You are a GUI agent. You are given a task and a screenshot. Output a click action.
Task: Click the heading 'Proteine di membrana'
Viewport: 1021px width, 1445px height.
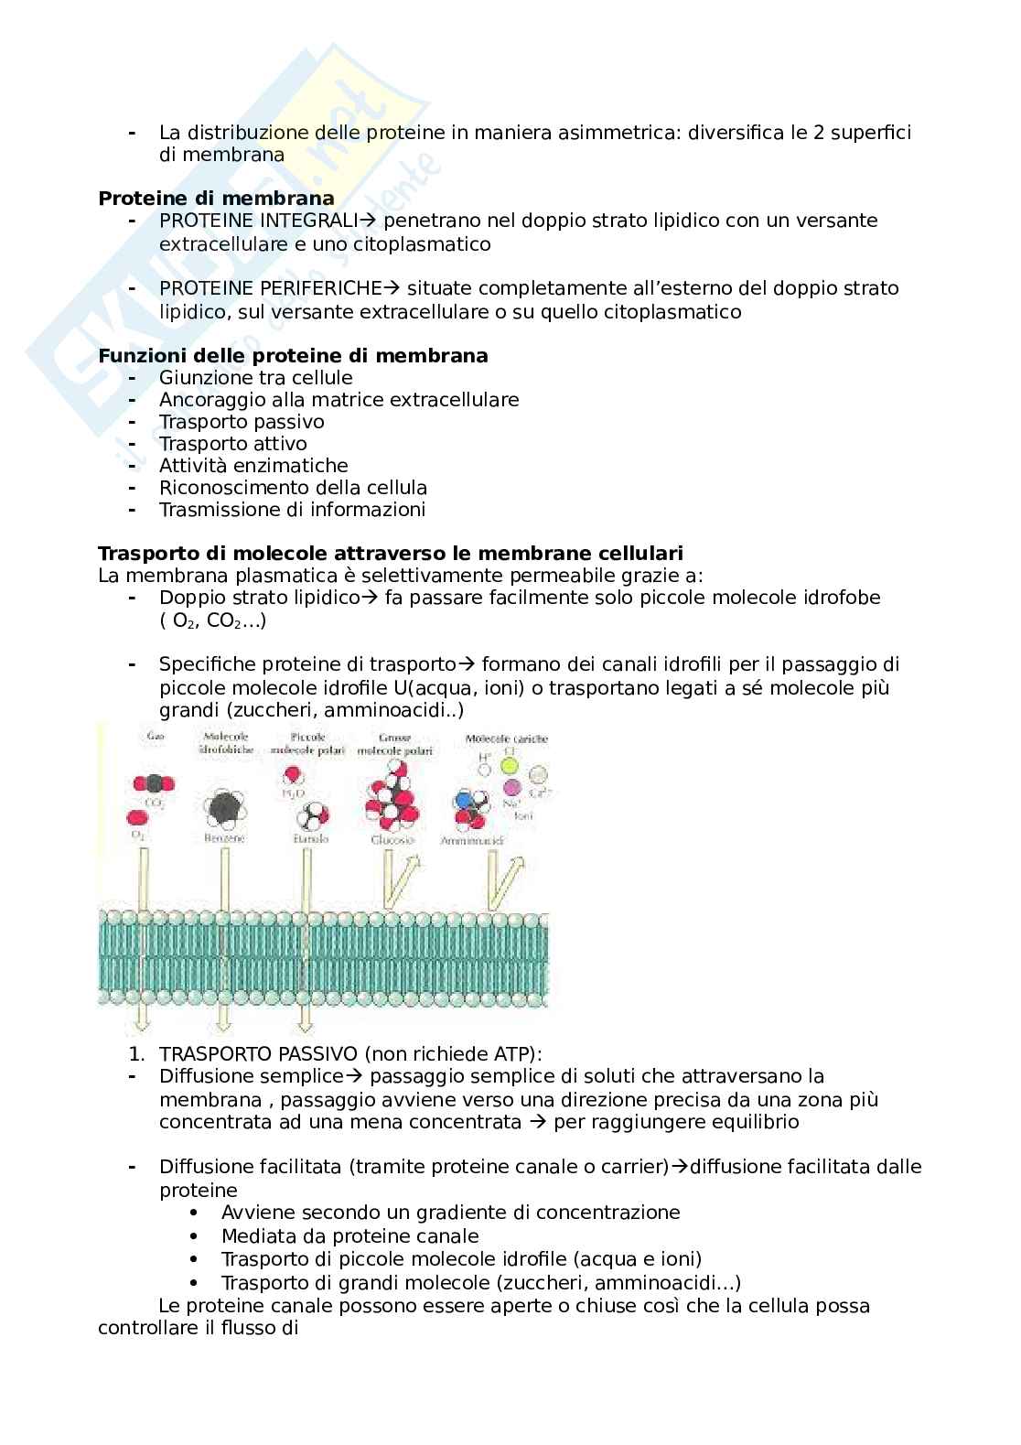(216, 198)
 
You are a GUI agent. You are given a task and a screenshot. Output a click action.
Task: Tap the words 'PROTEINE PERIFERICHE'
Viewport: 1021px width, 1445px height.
(270, 288)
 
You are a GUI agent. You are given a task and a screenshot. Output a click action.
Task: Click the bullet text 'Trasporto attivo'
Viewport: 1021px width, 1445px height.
(232, 444)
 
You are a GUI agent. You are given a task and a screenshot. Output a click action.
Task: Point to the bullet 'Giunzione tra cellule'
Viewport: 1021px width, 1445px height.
(255, 378)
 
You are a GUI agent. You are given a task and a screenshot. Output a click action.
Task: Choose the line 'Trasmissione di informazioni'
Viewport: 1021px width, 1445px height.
(292, 510)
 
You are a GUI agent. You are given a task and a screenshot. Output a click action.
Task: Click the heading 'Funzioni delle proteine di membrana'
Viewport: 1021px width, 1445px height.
(293, 355)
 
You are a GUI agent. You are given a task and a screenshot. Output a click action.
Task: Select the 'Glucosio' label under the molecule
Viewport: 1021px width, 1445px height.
(393, 839)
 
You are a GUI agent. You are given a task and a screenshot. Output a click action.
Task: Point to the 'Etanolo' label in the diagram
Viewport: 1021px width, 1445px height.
(306, 838)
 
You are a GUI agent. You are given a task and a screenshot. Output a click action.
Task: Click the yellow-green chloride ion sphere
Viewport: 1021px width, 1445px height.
(510, 766)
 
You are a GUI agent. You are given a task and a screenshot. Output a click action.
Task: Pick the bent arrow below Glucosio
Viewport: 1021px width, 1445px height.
(399, 879)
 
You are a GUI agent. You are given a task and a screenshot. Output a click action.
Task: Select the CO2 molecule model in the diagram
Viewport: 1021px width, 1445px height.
(154, 783)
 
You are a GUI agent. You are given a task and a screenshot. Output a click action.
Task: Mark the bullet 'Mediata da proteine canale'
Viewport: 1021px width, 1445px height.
(349, 1236)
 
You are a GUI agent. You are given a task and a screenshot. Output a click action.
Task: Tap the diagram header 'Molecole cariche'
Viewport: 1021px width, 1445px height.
(502, 738)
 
